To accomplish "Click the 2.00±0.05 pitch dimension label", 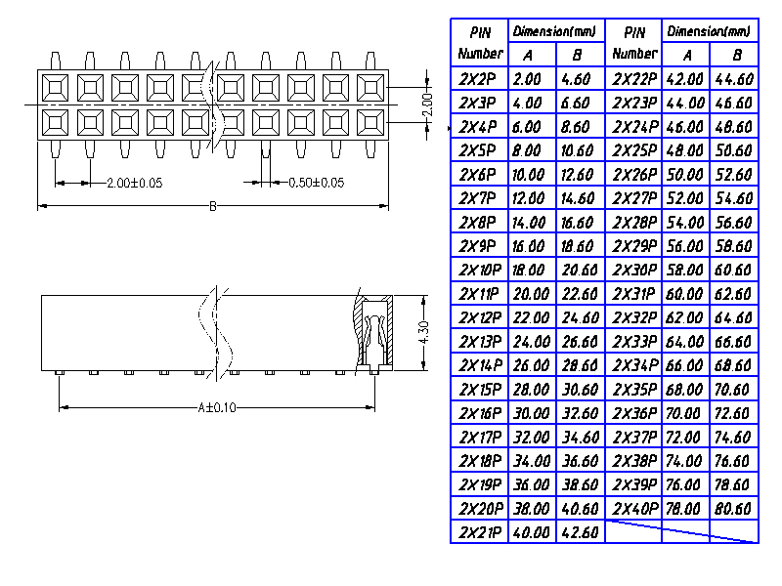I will coord(134,183).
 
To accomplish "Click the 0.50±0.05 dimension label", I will coord(317,183).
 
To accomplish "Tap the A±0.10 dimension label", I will coord(216,407).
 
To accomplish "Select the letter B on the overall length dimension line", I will coord(213,206).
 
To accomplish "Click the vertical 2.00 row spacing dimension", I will coord(426,104).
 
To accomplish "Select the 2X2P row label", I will coord(479,79).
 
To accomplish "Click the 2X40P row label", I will coord(633,509).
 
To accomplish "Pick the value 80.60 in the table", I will coord(733,509).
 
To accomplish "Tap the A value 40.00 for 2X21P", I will coord(532,533).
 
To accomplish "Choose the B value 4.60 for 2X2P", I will coord(578,79).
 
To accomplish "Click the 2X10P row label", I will coord(479,270).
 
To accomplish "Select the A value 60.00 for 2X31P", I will coord(685,294).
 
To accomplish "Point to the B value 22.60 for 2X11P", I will coord(578,294).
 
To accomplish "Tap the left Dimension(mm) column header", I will coord(555,31).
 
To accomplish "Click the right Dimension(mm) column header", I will coord(710,31).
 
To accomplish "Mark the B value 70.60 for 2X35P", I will coord(733,390).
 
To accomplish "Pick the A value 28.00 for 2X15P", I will coord(532,390).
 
